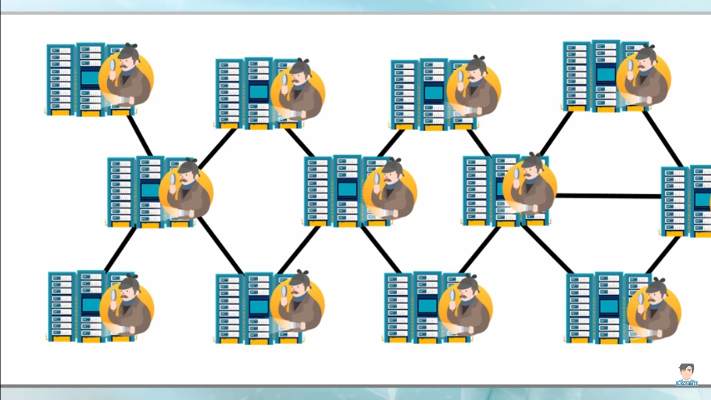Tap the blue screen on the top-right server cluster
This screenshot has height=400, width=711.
[x=606, y=74]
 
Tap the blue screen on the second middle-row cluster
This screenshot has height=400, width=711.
[x=347, y=191]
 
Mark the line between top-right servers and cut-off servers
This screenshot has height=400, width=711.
[x=663, y=138]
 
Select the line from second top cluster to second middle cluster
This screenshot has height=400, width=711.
[x=300, y=142]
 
